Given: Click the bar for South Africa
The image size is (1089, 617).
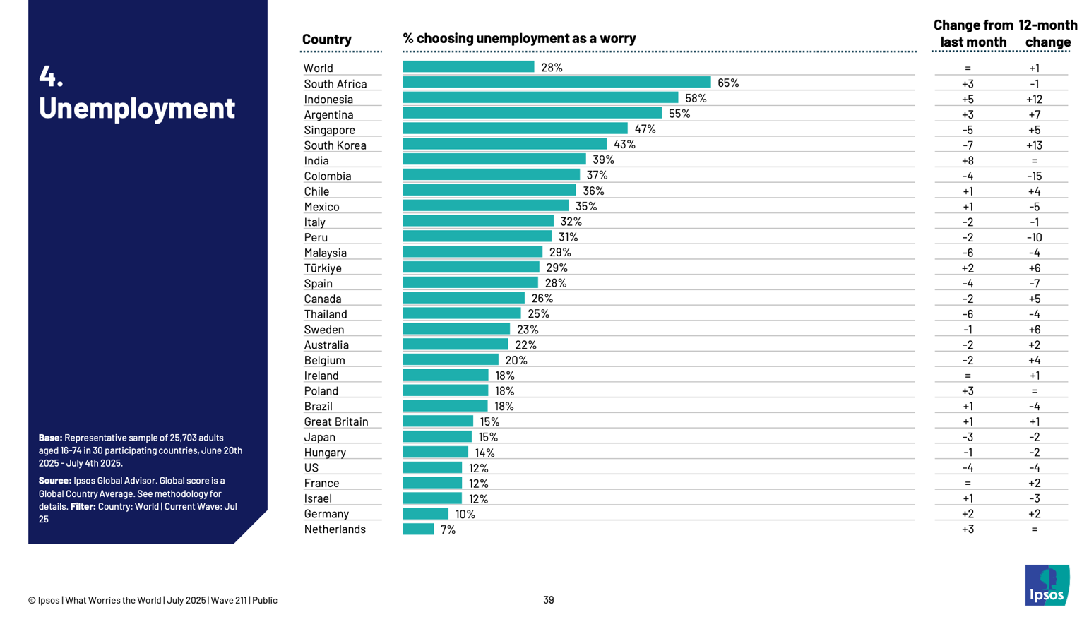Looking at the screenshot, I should pyautogui.click(x=557, y=83).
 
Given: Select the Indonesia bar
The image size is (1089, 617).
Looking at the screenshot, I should pyautogui.click(x=540, y=98).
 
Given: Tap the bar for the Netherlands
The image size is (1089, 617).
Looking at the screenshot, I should pyautogui.click(x=418, y=529).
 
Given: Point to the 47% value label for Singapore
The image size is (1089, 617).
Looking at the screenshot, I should pyautogui.click(x=645, y=129).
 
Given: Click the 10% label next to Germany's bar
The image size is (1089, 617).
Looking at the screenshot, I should pyautogui.click(x=465, y=514).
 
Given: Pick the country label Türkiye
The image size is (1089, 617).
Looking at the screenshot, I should pyautogui.click(x=323, y=268).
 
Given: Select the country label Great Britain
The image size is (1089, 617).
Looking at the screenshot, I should pyautogui.click(x=336, y=421).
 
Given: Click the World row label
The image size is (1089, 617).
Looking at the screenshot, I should pyautogui.click(x=318, y=68).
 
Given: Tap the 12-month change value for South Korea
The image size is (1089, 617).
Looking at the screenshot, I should pyautogui.click(x=1034, y=145).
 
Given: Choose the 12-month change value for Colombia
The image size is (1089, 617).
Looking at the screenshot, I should pyautogui.click(x=1034, y=176).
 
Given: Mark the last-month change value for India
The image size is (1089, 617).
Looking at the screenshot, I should pyautogui.click(x=968, y=161).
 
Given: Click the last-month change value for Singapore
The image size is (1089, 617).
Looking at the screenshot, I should pyautogui.click(x=968, y=130).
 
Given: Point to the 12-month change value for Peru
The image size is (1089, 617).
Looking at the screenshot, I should pyautogui.click(x=1034, y=237).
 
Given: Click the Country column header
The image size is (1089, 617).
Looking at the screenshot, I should pyautogui.click(x=326, y=40).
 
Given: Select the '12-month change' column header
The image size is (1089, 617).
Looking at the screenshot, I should pyautogui.click(x=1048, y=33).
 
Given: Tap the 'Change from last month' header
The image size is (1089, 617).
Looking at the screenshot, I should pyautogui.click(x=973, y=33).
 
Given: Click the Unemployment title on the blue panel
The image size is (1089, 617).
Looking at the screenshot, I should pyautogui.click(x=136, y=108).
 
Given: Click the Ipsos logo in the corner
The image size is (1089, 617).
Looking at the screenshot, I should pyautogui.click(x=1047, y=585).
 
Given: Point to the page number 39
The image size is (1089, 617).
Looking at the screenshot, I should pyautogui.click(x=549, y=600).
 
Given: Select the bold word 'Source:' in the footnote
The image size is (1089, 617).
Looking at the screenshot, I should pyautogui.click(x=55, y=481).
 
